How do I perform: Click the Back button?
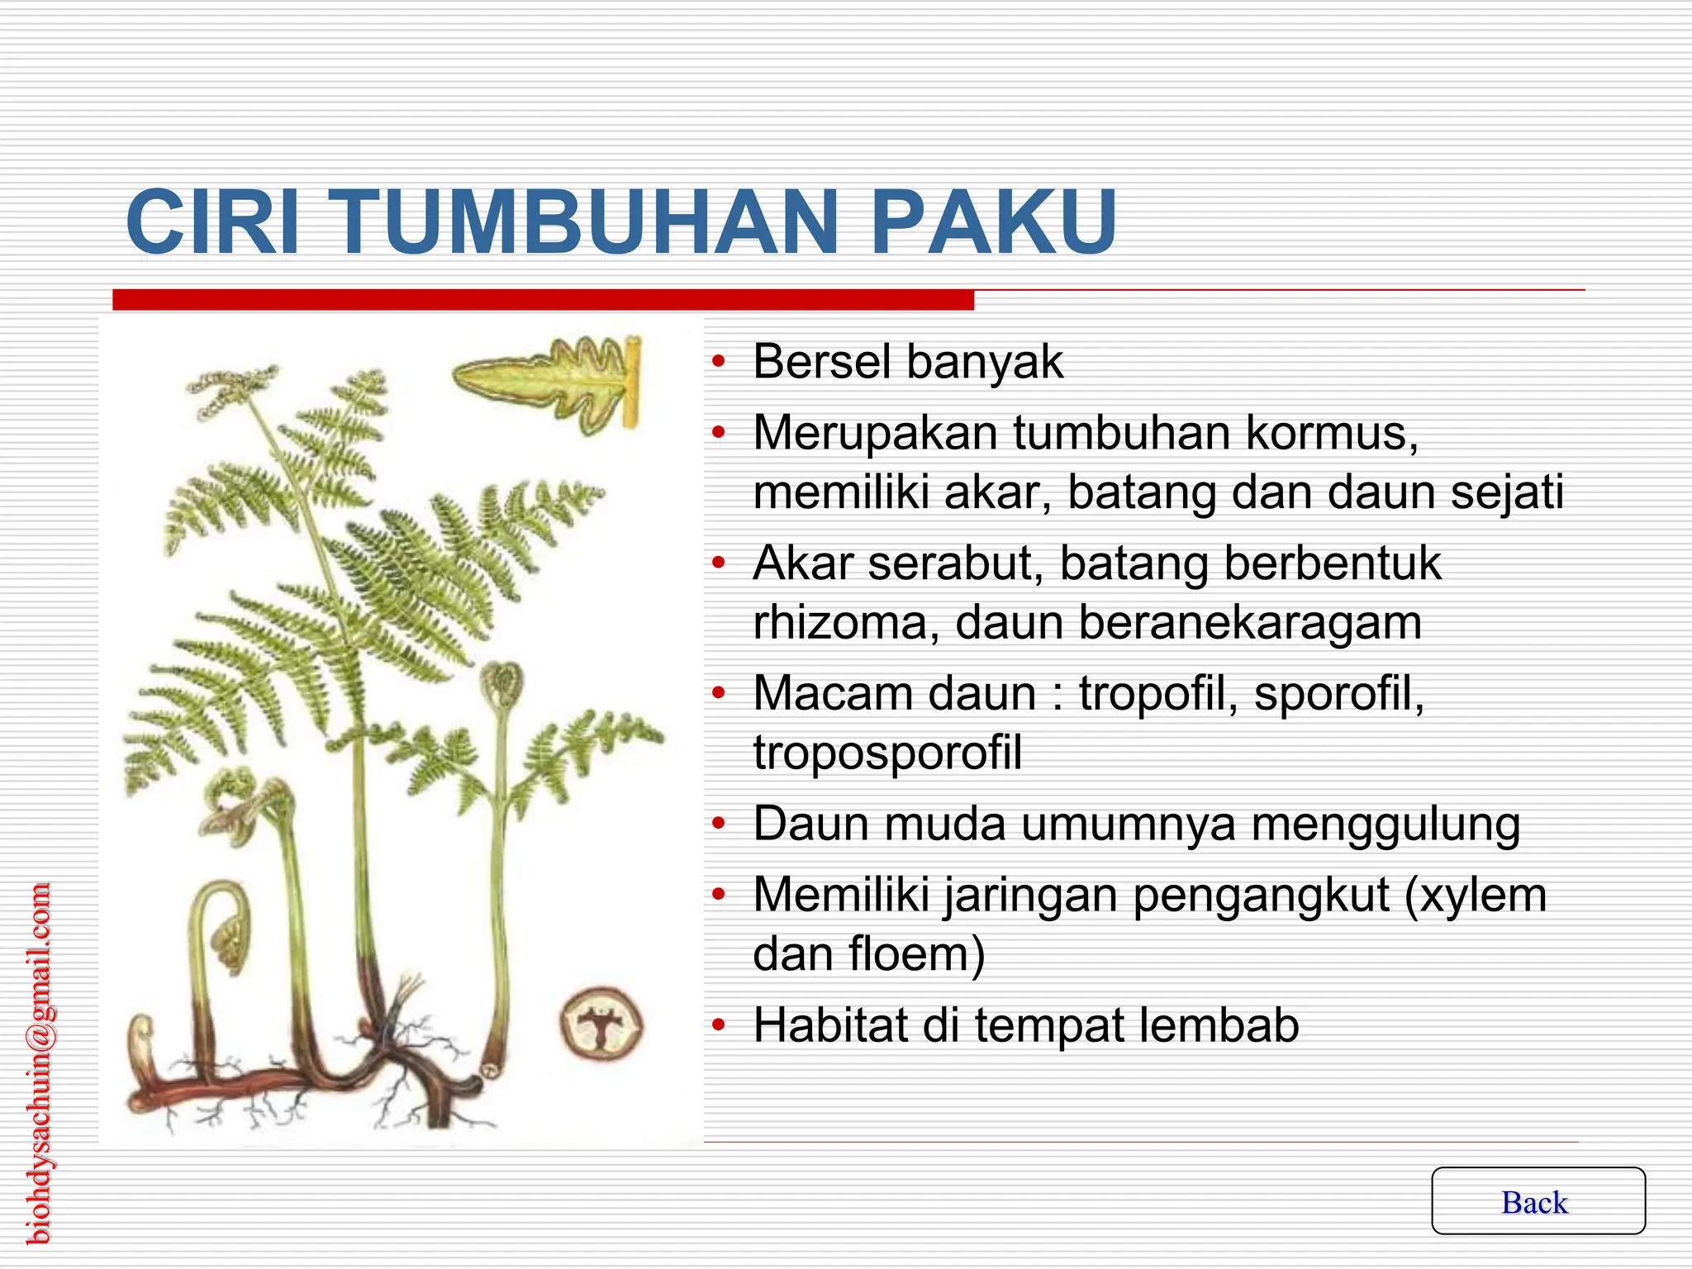[x=1538, y=1202]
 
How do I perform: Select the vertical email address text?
[x=39, y=1063]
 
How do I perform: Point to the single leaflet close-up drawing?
[x=549, y=380]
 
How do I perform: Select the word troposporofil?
[x=887, y=753]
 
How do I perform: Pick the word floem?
[x=915, y=954]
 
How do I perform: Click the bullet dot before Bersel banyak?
[x=719, y=361]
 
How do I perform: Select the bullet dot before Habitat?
[x=719, y=1025]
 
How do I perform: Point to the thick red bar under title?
[x=543, y=300]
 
